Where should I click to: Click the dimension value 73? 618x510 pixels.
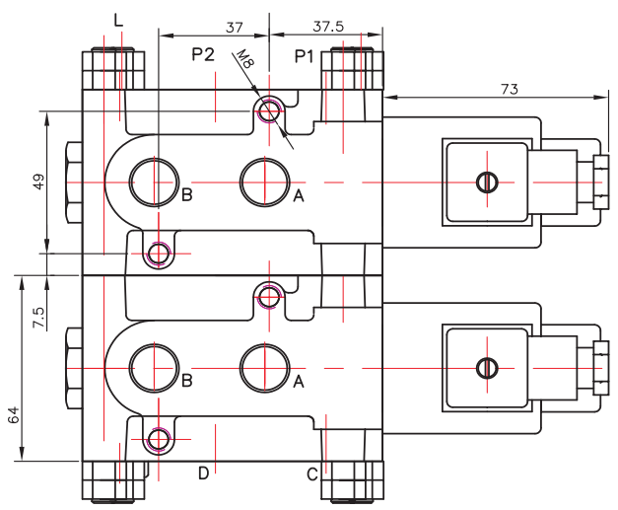tap(510, 88)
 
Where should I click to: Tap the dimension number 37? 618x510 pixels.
tap(234, 27)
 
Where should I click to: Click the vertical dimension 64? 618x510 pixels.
tap(14, 415)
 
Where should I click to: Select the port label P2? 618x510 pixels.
tap(203, 56)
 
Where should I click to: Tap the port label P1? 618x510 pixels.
tap(306, 56)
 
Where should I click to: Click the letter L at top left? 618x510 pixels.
tap(119, 20)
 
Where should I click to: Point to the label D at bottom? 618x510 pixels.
tap(203, 474)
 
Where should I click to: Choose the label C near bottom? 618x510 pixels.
tap(311, 474)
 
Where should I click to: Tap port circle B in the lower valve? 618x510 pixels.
tap(156, 367)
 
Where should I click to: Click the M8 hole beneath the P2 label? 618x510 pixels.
tap(268, 110)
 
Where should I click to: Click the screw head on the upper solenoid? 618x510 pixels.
tap(485, 182)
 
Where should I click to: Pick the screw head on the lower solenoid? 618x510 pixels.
tap(485, 367)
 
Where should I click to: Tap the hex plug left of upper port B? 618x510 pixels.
tap(72, 183)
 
